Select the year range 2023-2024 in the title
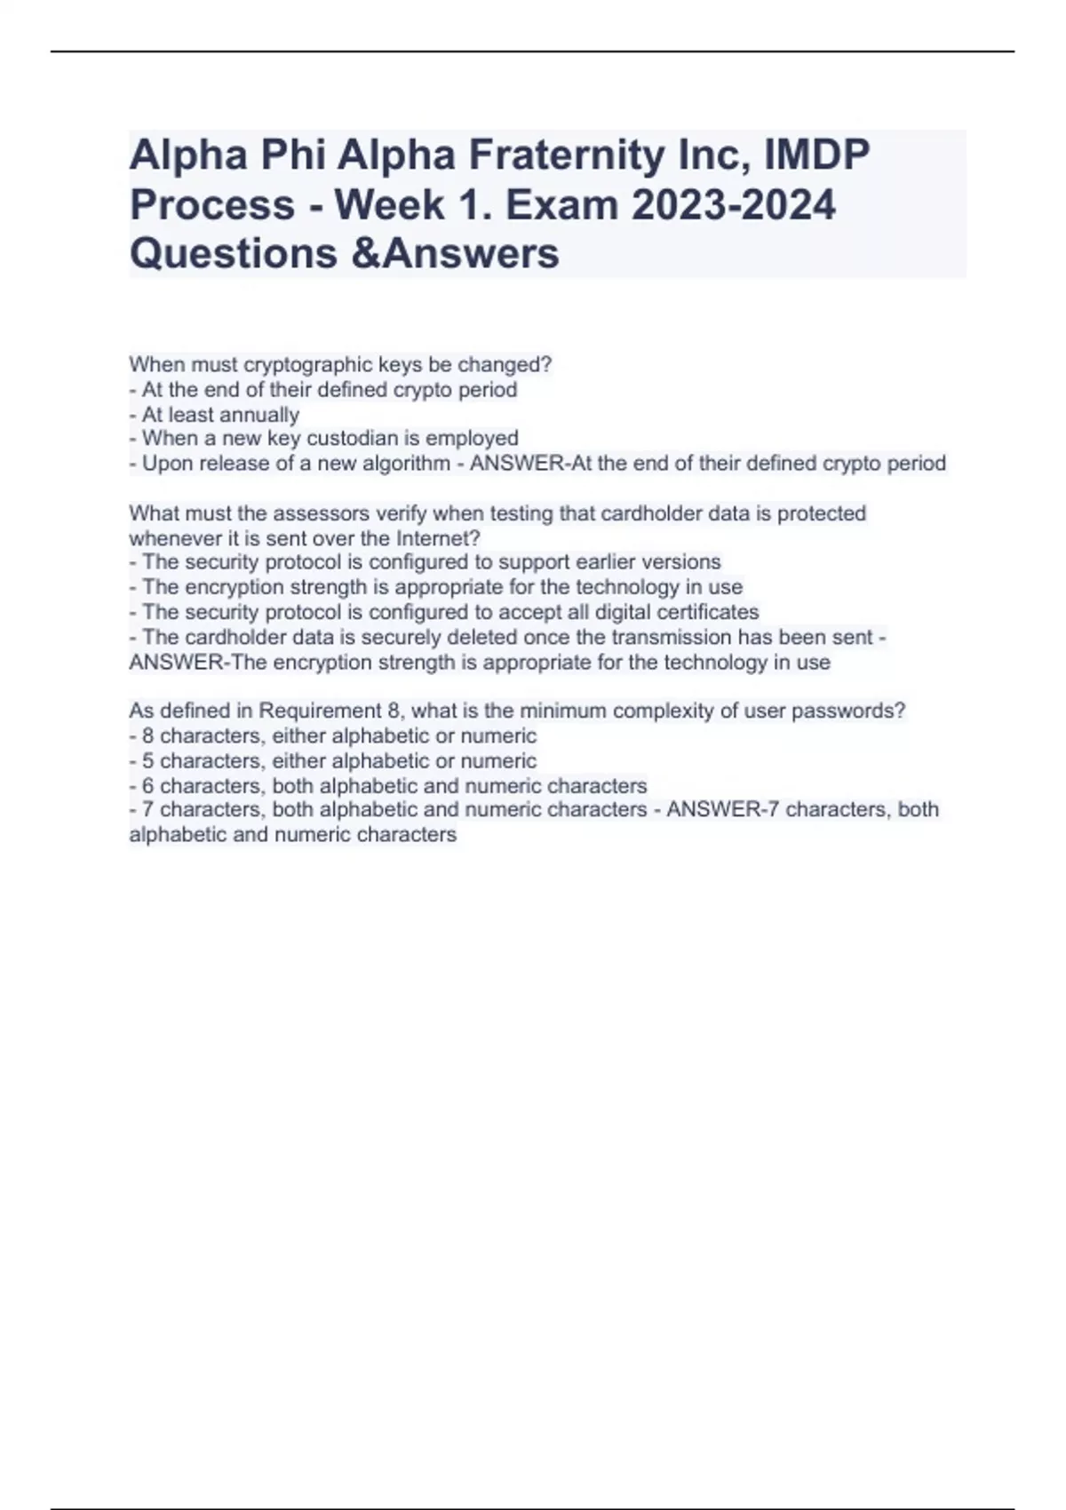[733, 205]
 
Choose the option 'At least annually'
[220, 415]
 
